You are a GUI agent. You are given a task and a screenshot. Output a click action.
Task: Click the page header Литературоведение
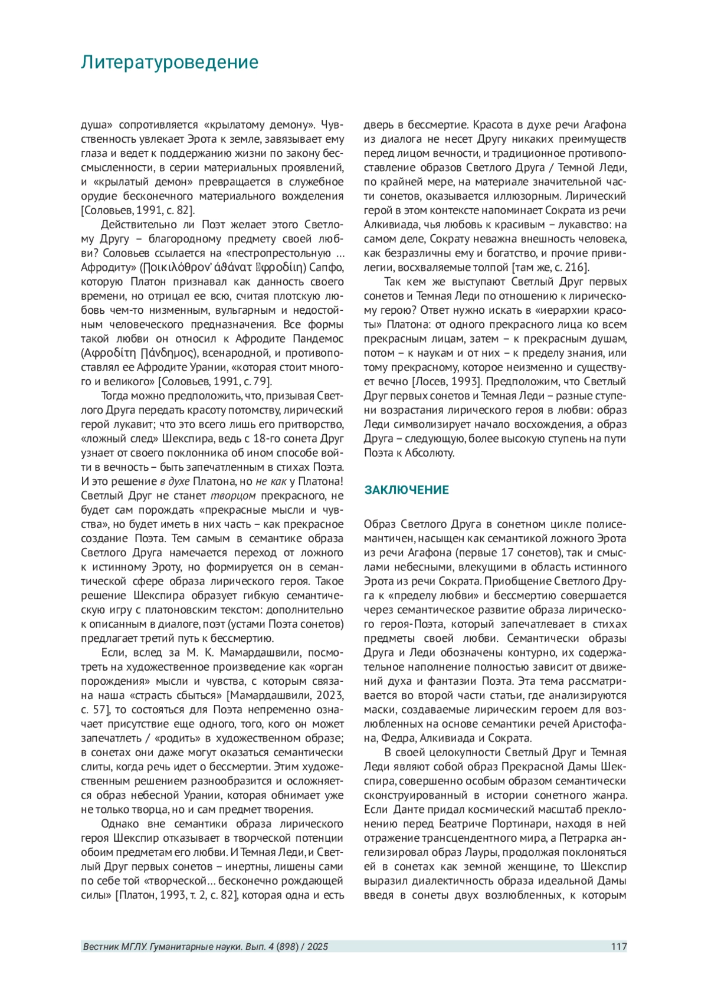169,63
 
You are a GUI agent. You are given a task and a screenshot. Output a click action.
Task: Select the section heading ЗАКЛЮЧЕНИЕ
406,490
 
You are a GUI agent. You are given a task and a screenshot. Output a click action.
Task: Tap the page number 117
618,947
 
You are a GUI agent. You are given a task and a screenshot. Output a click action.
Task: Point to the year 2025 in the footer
317,947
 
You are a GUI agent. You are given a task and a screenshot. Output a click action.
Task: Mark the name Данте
408,809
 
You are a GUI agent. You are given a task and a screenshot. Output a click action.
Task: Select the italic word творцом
234,495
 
